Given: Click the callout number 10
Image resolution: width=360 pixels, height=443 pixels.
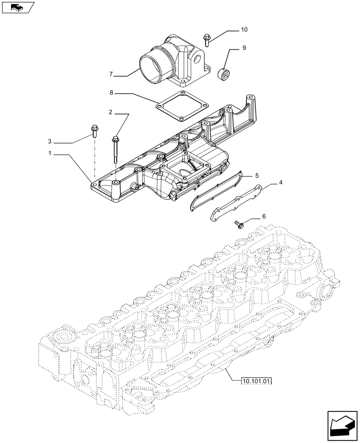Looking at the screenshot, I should [244, 30].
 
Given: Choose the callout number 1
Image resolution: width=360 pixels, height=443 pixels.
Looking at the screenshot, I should [51, 154].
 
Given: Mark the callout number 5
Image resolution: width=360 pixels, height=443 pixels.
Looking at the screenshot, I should [256, 175].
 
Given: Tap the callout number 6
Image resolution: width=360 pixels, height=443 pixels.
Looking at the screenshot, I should [264, 216].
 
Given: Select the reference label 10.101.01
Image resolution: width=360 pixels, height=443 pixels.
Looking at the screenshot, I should [257, 381].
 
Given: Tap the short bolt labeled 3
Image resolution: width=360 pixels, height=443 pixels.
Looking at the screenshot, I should [94, 131].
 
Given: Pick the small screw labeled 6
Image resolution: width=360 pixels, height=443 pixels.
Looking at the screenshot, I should [237, 225].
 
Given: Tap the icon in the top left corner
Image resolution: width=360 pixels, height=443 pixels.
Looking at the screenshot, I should [18, 7].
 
